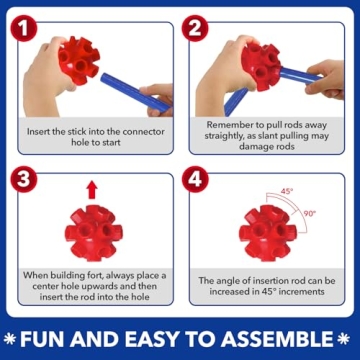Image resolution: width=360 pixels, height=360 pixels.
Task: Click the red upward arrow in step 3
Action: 92,190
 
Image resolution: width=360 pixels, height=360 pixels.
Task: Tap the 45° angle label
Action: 287,190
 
